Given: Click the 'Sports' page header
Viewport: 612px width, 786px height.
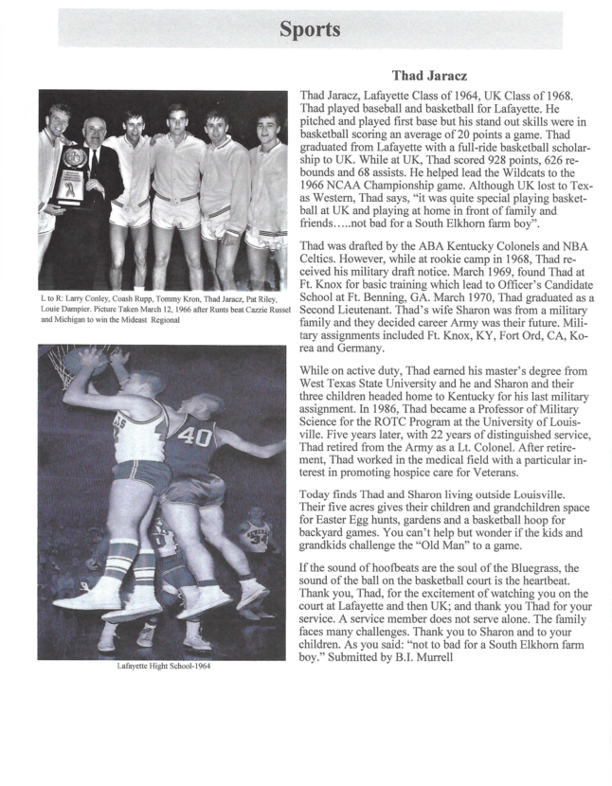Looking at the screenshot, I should pyautogui.click(x=309, y=29).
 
